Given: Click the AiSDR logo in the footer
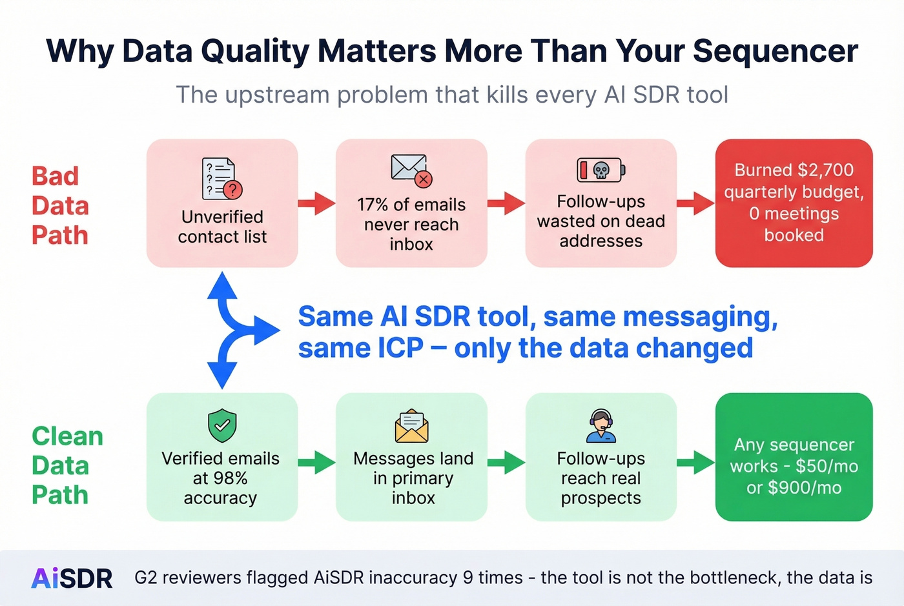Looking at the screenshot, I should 72,578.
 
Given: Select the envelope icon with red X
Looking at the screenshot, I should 411,170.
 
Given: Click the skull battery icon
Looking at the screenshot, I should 601,170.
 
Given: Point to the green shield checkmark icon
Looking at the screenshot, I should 222,426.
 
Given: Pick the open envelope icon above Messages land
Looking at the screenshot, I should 411,426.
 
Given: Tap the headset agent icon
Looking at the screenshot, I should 601,426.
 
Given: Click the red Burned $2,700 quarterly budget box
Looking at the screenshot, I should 794,203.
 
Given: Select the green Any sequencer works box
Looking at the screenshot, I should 794,457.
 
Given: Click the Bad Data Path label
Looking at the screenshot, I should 60,205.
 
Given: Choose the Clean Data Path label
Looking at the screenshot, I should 67,465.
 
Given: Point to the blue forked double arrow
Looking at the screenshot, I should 232,330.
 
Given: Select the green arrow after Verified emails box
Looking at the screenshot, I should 316,462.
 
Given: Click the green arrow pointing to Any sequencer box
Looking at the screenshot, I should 695,462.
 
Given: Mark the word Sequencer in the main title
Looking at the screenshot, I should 775,52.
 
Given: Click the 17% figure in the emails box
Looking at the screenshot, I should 373,205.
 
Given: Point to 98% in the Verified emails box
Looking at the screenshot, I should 229,478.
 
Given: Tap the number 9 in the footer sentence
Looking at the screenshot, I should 468,578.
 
